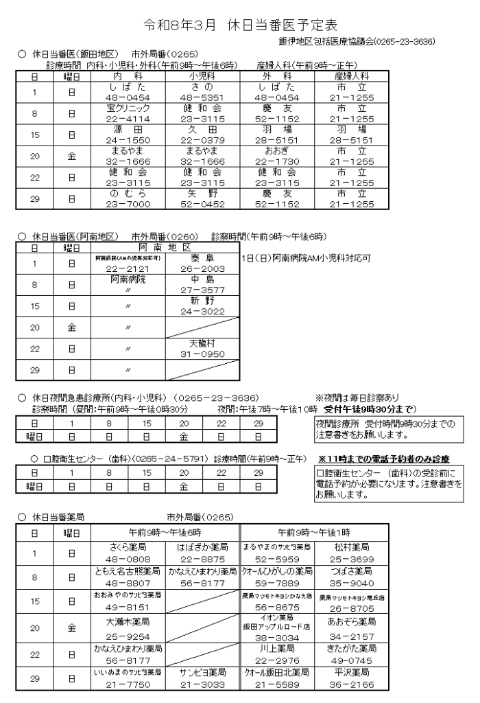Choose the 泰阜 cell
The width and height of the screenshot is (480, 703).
tap(203, 257)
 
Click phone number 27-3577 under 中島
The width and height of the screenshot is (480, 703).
tap(203, 290)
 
